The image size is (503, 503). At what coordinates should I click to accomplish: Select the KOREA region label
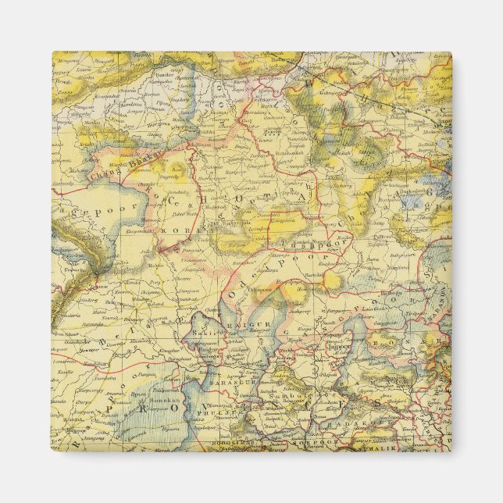169,232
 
